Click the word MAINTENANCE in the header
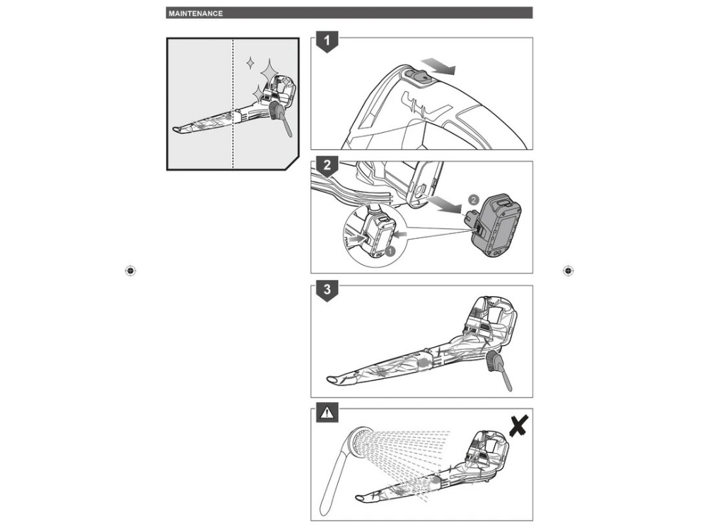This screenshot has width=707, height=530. pos(196,13)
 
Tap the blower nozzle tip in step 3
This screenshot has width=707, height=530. pos(331,379)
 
